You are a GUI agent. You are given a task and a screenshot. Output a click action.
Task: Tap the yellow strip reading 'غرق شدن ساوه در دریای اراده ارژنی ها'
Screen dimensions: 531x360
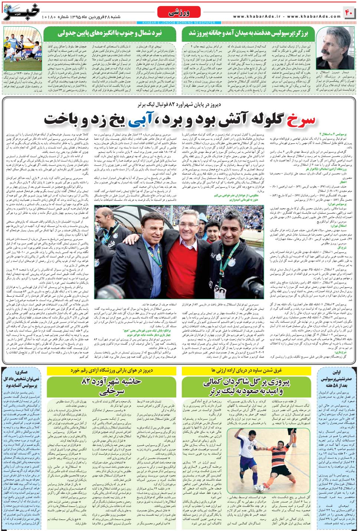click(246, 370)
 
